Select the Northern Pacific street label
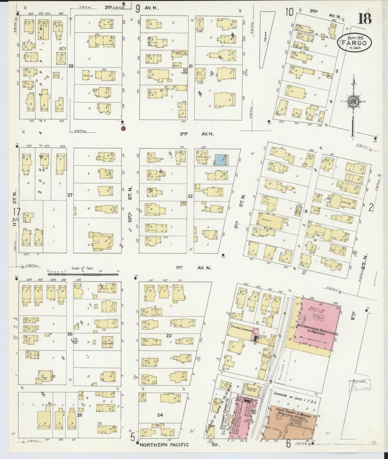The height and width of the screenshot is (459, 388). (164, 445)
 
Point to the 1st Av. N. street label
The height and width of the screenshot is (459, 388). (194, 268)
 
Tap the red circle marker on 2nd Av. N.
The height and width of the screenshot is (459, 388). (123, 129)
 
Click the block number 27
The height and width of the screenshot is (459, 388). (70, 195)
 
